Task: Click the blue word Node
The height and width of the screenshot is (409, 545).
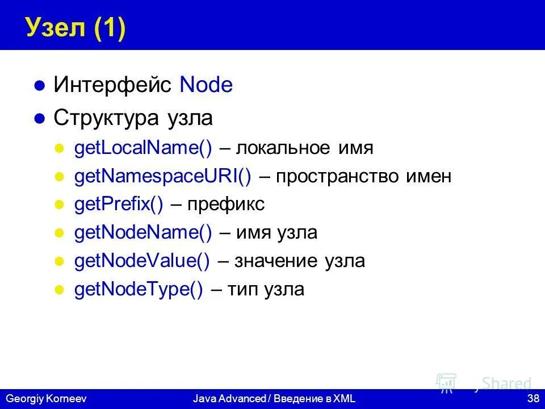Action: click(206, 85)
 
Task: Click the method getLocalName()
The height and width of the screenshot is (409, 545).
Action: click(143, 148)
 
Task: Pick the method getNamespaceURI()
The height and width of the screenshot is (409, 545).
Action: click(163, 177)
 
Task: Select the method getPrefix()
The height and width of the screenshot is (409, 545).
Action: click(119, 205)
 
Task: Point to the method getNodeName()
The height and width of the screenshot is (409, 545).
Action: click(143, 233)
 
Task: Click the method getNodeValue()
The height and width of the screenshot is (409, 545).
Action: click(142, 261)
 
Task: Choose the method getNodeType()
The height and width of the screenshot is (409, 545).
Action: click(139, 290)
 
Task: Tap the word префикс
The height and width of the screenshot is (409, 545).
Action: click(226, 205)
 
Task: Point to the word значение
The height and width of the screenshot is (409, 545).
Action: click(275, 261)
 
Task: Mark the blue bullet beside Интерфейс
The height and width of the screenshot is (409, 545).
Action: click(39, 86)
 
